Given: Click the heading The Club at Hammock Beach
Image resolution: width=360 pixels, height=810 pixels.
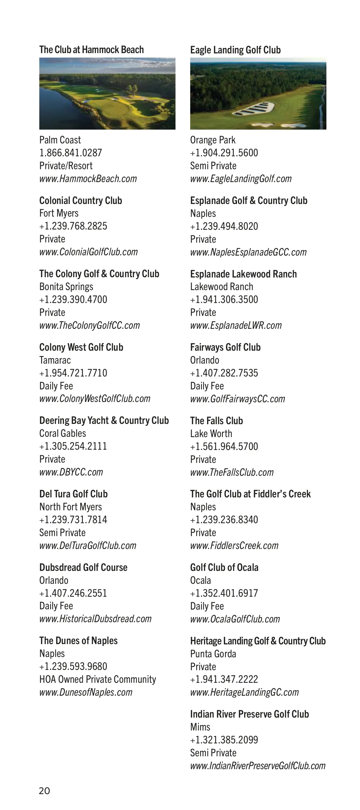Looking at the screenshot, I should click(91, 50).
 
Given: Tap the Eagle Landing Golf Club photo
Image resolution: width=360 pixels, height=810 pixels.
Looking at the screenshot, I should click(258, 94).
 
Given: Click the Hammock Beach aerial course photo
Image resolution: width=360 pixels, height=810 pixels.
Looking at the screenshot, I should click(107, 94).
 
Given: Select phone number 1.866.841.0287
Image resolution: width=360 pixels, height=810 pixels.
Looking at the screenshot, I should click(70, 153).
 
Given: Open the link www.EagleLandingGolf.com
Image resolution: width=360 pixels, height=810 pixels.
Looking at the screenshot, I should click(241, 179).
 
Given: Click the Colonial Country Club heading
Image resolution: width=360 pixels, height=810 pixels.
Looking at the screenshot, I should click(80, 200).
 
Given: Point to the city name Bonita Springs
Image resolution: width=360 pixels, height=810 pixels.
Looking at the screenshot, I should click(66, 287).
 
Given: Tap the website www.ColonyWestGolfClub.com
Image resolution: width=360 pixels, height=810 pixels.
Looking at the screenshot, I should click(94, 399).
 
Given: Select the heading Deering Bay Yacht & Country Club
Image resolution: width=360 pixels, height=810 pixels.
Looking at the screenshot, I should click(104, 420).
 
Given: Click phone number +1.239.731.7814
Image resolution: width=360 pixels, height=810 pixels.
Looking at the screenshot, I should click(73, 520).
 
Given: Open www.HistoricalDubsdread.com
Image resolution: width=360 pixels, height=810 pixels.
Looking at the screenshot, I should click(95, 619).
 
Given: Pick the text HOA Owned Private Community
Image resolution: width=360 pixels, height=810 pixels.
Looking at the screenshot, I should click(97, 679).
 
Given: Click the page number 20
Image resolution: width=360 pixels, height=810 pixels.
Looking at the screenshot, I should click(44, 791).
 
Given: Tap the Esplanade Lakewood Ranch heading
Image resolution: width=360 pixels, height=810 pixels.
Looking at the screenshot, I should click(243, 274).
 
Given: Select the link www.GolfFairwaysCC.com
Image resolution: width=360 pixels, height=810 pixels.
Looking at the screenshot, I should click(237, 399).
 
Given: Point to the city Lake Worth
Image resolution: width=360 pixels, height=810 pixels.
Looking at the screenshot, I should click(211, 433).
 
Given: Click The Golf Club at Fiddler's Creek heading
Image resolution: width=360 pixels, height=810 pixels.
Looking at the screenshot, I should click(250, 494).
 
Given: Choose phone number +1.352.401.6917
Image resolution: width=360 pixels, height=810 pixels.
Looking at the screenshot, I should click(224, 593).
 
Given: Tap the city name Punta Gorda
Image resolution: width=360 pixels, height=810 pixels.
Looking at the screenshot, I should click(213, 654).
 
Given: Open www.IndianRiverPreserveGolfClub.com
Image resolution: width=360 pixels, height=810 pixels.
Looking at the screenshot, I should click(257, 766).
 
